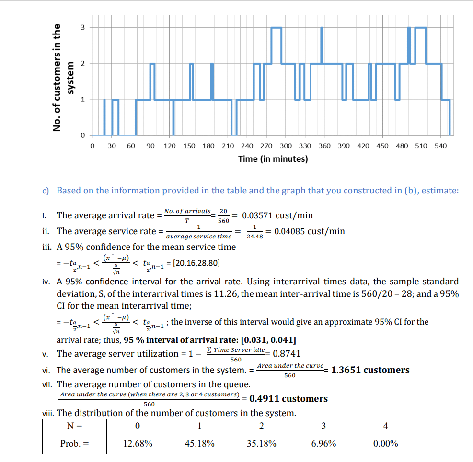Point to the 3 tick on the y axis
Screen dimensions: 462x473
[x=82, y=27]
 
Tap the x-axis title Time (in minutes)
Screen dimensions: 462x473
[x=273, y=158]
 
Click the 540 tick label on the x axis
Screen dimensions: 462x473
[x=440, y=146]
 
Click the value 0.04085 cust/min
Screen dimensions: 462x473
[x=310, y=231]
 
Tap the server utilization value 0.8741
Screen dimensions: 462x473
[x=286, y=354]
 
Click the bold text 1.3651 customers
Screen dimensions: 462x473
[x=370, y=370]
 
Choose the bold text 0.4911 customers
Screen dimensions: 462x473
[x=288, y=399]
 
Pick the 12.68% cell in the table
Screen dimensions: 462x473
[x=138, y=444]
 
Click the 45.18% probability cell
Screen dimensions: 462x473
[x=199, y=444]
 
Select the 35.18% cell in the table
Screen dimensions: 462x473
[x=261, y=444]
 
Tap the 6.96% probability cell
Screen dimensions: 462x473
[x=323, y=444]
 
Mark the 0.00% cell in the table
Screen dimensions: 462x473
[x=385, y=444]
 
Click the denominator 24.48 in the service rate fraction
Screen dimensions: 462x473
[x=254, y=237]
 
